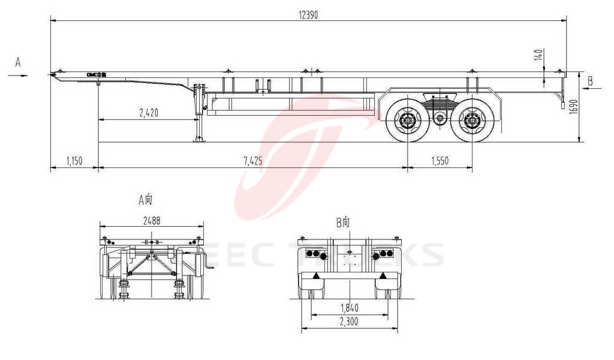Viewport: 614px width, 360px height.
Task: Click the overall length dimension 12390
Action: [x=308, y=14]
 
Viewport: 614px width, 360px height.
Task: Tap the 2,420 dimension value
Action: [x=149, y=113]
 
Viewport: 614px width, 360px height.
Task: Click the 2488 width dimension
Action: [x=152, y=220]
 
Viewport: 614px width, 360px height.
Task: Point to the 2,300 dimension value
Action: [x=348, y=322]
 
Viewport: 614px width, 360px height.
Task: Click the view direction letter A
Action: [x=18, y=62]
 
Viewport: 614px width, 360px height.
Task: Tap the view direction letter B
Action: [x=590, y=80]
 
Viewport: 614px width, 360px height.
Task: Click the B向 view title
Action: [x=344, y=223]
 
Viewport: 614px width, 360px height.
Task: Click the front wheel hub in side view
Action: [x=408, y=122]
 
